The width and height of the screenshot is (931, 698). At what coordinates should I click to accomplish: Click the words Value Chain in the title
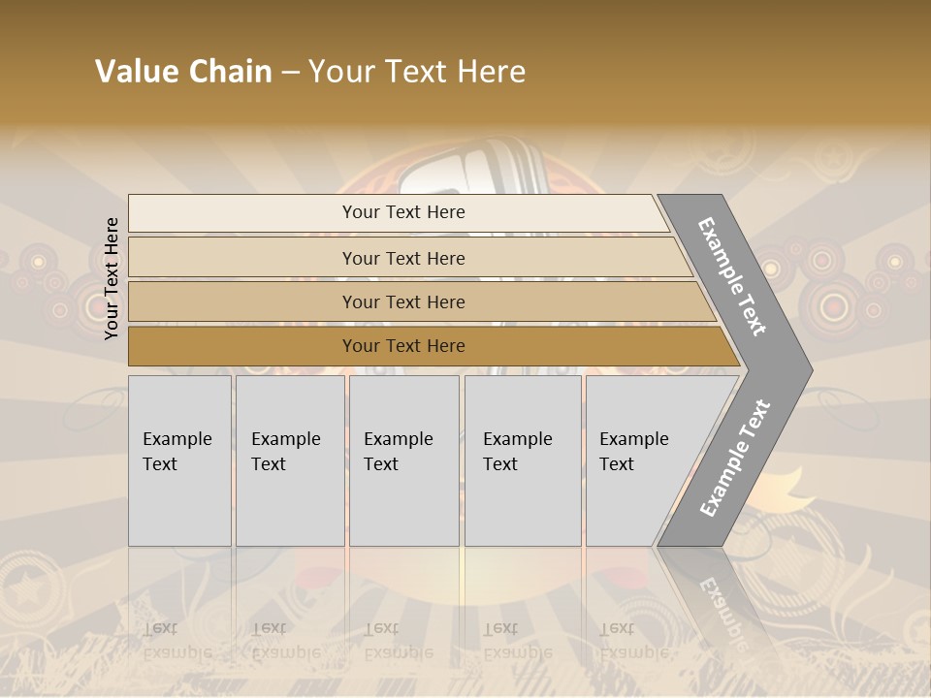[x=183, y=72]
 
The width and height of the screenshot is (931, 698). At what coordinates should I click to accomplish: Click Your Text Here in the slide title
[x=417, y=72]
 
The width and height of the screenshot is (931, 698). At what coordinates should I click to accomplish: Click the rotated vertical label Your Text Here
[x=112, y=278]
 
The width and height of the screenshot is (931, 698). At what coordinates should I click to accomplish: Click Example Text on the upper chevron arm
[x=732, y=276]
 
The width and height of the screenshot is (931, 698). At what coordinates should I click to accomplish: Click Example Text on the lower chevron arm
[x=735, y=458]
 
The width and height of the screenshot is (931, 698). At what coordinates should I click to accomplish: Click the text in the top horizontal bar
[x=403, y=212]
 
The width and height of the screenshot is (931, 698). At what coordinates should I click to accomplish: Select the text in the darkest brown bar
[x=403, y=346]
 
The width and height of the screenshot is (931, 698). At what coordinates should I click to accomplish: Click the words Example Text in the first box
[x=177, y=452]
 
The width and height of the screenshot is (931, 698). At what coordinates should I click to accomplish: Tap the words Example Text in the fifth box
[x=633, y=452]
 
